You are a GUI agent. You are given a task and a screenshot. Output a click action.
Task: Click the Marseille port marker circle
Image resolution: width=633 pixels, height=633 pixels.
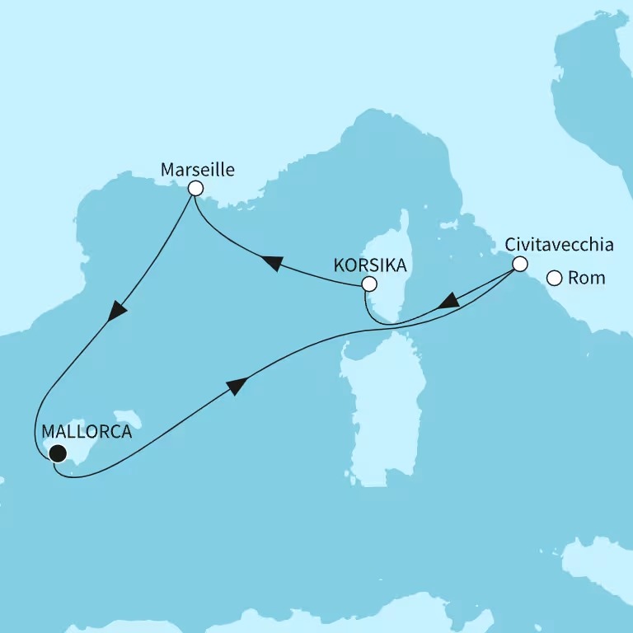click(x=195, y=189)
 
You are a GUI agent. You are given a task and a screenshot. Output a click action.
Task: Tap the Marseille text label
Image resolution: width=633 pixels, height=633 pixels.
click(x=197, y=170)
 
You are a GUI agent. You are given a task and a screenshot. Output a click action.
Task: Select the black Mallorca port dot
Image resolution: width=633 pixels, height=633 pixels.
click(x=57, y=452)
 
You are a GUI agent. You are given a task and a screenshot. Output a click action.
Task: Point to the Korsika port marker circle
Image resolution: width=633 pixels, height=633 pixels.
click(x=369, y=284)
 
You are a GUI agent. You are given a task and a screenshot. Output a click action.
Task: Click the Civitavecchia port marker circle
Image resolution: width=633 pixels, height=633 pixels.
click(x=519, y=265)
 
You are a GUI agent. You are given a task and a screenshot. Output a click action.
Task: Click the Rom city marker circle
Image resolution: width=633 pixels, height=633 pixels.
click(x=556, y=279)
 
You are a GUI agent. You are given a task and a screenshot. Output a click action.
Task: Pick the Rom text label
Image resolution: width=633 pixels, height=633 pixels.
click(x=587, y=279)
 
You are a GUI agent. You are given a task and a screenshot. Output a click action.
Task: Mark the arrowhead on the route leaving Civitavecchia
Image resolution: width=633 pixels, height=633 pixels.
click(x=448, y=302)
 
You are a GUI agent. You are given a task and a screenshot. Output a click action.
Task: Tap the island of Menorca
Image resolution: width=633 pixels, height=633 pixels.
click(x=127, y=420)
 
